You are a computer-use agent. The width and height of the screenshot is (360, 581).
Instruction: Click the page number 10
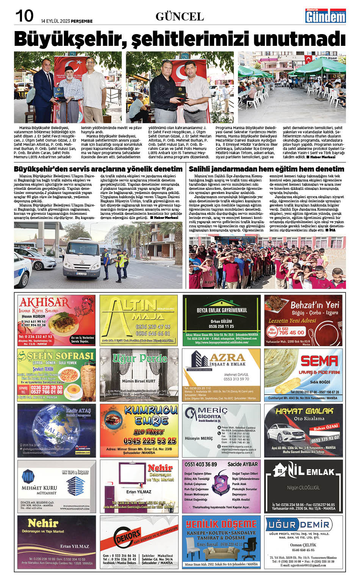[x=24, y=16]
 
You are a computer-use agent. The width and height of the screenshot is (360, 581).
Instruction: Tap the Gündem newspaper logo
[x=326, y=16]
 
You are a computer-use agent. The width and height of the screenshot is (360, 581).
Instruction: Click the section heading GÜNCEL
[x=180, y=17]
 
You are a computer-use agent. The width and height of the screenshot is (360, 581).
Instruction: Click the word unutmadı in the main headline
[x=299, y=39]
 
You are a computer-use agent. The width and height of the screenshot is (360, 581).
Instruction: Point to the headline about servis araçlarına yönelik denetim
[x=98, y=169]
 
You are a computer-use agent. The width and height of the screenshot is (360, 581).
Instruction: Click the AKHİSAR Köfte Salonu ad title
[x=44, y=303]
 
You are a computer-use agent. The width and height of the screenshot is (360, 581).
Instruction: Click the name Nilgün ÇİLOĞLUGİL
[x=303, y=487]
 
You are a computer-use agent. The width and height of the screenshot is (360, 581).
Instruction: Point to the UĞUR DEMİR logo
[x=299, y=525]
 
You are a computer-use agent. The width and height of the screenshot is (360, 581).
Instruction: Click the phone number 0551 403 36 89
[x=200, y=464]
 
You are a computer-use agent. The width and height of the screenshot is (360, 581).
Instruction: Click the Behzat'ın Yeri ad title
[x=314, y=305]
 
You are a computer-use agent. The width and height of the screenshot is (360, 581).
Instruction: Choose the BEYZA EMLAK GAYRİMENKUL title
[x=222, y=310]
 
